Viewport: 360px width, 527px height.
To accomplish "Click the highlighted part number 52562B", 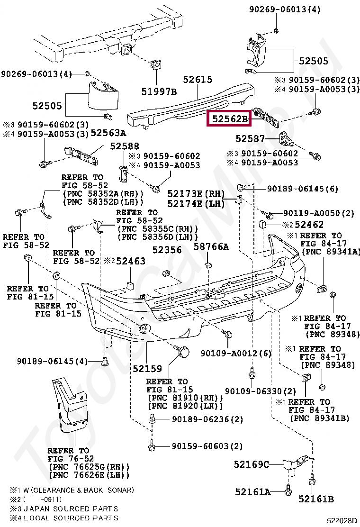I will pos(229,119).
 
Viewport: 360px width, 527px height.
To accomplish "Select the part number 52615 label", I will pos(198,80).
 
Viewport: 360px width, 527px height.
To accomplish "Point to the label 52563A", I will pos(108,133).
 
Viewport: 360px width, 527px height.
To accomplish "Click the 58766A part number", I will pos(211,246).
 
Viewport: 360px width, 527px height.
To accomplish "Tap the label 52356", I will pos(167,250).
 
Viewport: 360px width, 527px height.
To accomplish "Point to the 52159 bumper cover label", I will pos(147,368).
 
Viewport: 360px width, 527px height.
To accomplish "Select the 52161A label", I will pos(252,492).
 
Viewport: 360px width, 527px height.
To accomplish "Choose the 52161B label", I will pos(316,499).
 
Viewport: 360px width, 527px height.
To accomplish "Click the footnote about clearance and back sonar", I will pos(72,490).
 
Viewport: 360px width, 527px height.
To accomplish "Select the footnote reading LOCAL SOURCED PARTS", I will pos(64,518).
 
